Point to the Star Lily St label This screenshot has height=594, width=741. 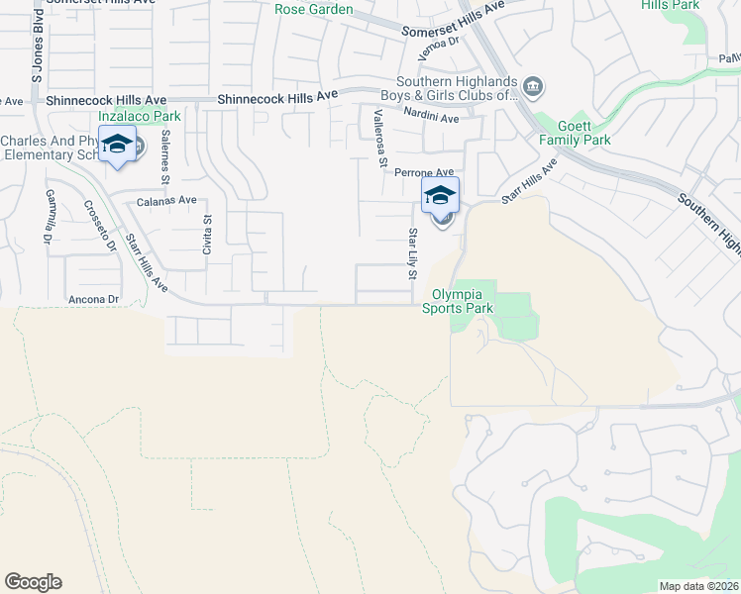pyautogui.click(x=412, y=252)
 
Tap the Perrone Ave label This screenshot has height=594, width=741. pyautogui.click(x=424, y=172)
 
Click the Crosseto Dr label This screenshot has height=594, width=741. pyautogui.click(x=99, y=227)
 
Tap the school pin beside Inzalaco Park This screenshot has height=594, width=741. pyautogui.click(x=117, y=145)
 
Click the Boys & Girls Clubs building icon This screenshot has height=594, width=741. pyautogui.click(x=533, y=88)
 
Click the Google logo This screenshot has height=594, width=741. pyautogui.click(x=33, y=582)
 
